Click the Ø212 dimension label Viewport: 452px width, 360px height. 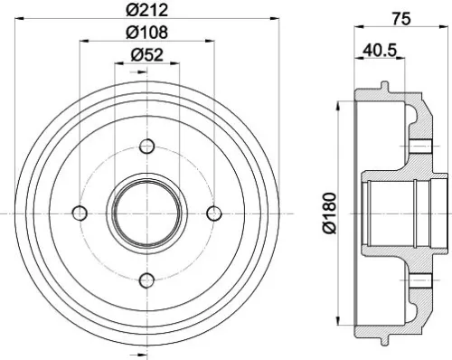[x=147, y=11]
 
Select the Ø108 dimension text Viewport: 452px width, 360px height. [x=147, y=33]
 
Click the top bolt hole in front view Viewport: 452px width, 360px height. [x=147, y=145]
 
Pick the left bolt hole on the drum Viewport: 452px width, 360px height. [x=80, y=213]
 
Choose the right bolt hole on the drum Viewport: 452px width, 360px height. [x=214, y=213]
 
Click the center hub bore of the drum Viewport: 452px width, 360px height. [x=147, y=213]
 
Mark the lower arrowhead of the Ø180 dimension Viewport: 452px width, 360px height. [x=340, y=322]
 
